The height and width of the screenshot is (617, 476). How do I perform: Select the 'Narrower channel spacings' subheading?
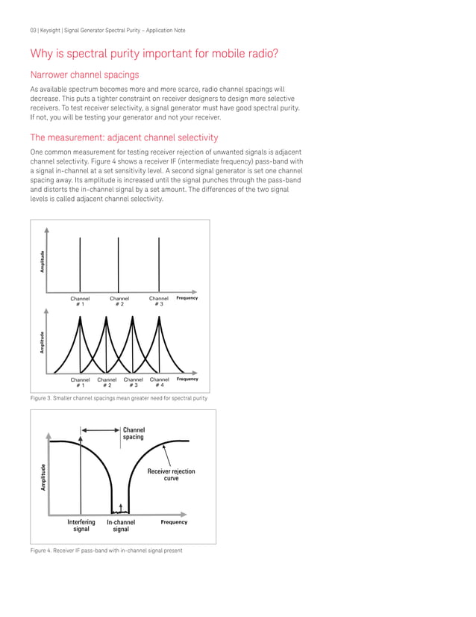(x=84, y=75)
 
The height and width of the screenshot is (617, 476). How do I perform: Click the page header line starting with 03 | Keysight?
(x=107, y=30)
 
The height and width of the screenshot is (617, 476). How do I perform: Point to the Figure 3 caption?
(x=118, y=398)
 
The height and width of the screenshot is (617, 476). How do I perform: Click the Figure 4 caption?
(x=106, y=551)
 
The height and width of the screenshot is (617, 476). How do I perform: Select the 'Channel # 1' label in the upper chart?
(x=81, y=301)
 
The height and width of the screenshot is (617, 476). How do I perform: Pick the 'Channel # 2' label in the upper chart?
(x=119, y=301)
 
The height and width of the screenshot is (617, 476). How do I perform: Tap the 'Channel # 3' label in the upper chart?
(x=158, y=301)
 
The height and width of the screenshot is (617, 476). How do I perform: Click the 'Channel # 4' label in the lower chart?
(x=159, y=382)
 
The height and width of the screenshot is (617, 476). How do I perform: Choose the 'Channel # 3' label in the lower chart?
(x=133, y=382)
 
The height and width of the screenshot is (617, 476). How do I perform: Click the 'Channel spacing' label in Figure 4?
(x=134, y=433)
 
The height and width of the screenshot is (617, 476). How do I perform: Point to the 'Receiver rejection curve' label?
(x=171, y=474)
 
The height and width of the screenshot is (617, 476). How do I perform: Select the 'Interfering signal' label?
(x=81, y=525)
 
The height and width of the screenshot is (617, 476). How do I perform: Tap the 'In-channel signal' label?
(x=120, y=525)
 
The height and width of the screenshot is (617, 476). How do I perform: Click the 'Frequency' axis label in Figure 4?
(x=174, y=522)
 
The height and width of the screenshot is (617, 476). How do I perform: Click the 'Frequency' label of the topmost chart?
(x=187, y=298)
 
